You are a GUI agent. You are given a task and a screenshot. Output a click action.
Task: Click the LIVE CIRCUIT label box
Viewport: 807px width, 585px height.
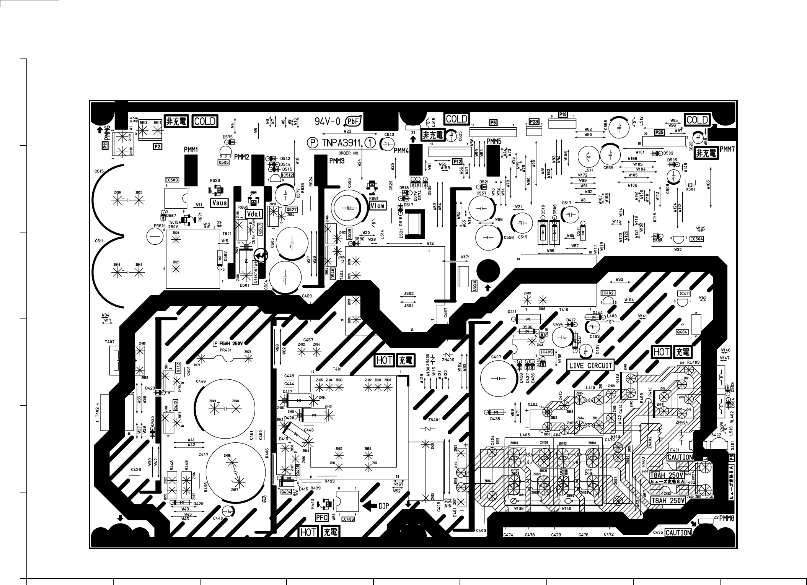coord(590,365)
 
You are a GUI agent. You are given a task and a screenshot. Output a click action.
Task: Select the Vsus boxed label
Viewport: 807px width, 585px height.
coord(219,203)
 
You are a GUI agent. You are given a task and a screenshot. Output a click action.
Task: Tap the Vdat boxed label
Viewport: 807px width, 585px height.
coord(254,214)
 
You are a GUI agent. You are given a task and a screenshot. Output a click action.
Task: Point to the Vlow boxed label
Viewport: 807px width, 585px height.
coord(377,206)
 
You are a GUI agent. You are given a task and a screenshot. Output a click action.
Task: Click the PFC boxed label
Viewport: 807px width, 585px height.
coord(322,518)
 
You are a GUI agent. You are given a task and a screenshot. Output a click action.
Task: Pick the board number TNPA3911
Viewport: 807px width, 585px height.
coord(342,143)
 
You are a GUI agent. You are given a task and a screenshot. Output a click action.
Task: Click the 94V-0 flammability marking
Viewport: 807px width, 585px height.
coord(327,122)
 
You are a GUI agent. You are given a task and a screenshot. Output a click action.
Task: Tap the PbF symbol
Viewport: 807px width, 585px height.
coord(352,122)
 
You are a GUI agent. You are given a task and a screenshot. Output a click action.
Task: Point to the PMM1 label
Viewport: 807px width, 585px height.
coord(191,150)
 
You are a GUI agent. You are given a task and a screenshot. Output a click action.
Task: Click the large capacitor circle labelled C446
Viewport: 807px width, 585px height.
coord(225,408)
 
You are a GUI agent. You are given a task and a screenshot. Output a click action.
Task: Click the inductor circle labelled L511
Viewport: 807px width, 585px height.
coord(588,157)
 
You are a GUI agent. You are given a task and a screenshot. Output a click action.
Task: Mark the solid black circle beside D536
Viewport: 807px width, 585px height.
coord(488,271)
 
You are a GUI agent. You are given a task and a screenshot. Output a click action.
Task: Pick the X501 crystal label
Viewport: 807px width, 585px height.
coord(690,189)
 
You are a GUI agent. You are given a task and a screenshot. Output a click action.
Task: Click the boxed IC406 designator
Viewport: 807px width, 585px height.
coord(347,519)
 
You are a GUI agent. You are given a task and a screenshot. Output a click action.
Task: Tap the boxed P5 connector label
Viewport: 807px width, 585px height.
coord(493,123)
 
